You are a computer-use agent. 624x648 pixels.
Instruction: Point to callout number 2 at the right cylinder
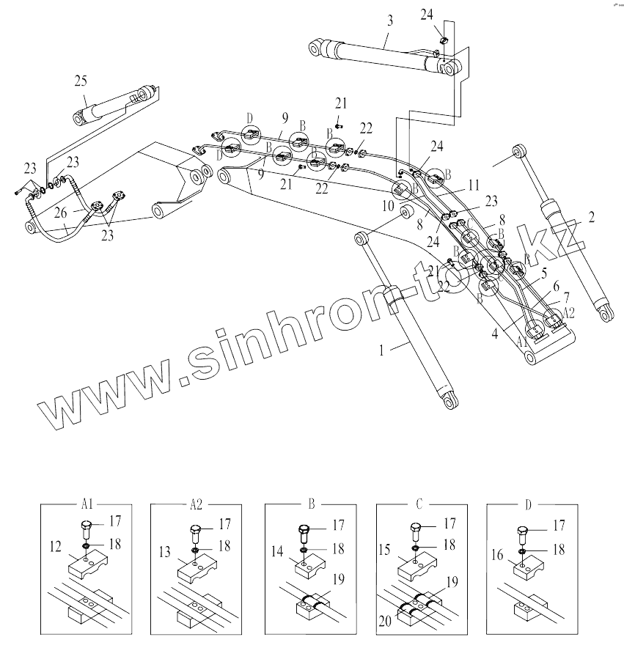591,216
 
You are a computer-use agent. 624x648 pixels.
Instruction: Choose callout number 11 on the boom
474,185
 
